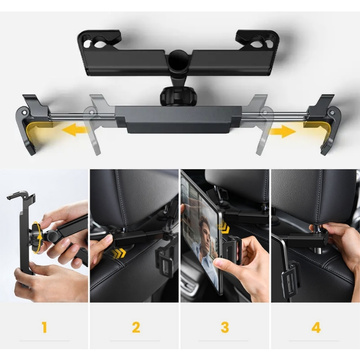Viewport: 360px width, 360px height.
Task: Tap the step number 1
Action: [x=43, y=325]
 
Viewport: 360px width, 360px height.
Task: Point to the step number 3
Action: [x=224, y=325]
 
